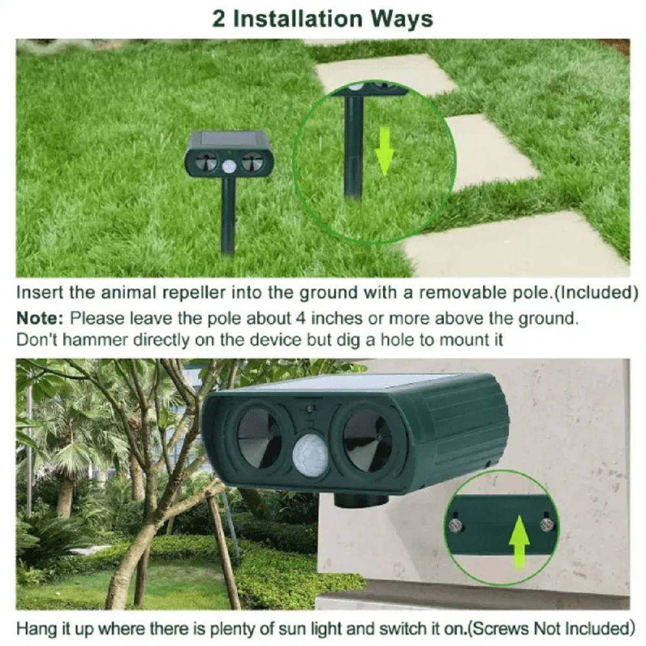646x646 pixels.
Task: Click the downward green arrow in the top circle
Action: click(x=385, y=152)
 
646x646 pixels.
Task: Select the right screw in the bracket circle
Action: click(x=546, y=523)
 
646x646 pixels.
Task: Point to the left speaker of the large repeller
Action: click(x=258, y=437)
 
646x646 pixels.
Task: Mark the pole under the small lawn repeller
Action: click(x=227, y=216)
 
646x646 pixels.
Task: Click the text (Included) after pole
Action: click(x=597, y=292)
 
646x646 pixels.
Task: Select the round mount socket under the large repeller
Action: click(x=362, y=500)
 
